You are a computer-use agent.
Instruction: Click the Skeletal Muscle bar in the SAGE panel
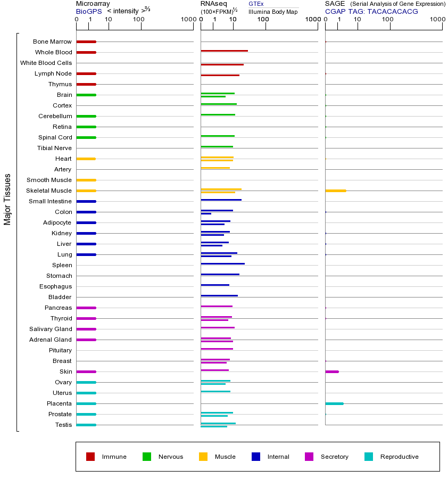(335, 191)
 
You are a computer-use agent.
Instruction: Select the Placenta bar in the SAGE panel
(334, 403)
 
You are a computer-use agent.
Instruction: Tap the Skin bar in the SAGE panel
(331, 371)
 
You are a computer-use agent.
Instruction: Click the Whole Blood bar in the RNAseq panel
(224, 51)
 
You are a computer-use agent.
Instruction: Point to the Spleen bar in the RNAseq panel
(222, 263)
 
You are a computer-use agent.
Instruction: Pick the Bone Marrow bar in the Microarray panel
(86, 42)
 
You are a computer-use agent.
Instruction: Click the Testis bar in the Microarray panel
(86, 425)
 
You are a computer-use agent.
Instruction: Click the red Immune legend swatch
(90, 457)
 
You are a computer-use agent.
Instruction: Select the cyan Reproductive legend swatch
(369, 457)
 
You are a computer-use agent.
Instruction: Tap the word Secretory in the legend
(334, 457)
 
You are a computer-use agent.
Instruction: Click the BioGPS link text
(87, 11)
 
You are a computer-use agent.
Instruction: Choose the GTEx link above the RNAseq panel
(256, 4)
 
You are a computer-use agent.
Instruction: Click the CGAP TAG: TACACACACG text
(371, 11)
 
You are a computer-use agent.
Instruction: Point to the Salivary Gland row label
(51, 329)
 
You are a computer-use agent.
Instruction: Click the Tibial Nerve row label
(54, 148)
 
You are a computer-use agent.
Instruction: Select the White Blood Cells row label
(46, 63)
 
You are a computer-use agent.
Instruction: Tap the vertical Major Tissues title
(7, 199)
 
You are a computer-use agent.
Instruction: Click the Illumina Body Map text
(273, 11)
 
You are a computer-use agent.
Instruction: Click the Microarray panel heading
(93, 4)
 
